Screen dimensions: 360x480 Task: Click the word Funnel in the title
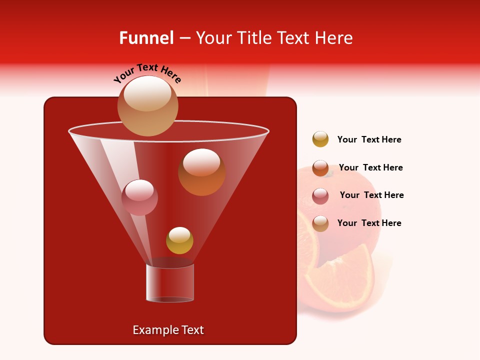pyautogui.click(x=146, y=38)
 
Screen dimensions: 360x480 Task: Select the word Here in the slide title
pyautogui.click(x=334, y=38)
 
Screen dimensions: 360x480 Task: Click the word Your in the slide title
pyautogui.click(x=214, y=38)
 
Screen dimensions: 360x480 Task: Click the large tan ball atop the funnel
pyautogui.click(x=148, y=105)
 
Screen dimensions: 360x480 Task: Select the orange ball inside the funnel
pyautogui.click(x=201, y=172)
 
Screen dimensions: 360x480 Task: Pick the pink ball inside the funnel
pyautogui.click(x=139, y=197)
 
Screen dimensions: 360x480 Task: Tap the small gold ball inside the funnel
pyautogui.click(x=179, y=240)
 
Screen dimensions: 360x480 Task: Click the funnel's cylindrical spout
pyautogui.click(x=170, y=283)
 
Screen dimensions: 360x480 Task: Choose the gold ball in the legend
pyautogui.click(x=320, y=139)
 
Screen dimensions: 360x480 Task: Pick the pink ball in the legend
pyautogui.click(x=320, y=196)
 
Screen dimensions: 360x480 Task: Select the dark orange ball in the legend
pyautogui.click(x=320, y=168)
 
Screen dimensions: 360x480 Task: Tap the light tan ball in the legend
pyautogui.click(x=320, y=223)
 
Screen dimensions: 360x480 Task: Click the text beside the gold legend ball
pyautogui.click(x=369, y=139)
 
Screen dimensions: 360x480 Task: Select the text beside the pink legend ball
pyautogui.click(x=371, y=195)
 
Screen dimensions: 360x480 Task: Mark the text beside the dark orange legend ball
pyautogui.click(x=370, y=167)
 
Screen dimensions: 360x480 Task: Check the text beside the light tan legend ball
pyautogui.click(x=369, y=223)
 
